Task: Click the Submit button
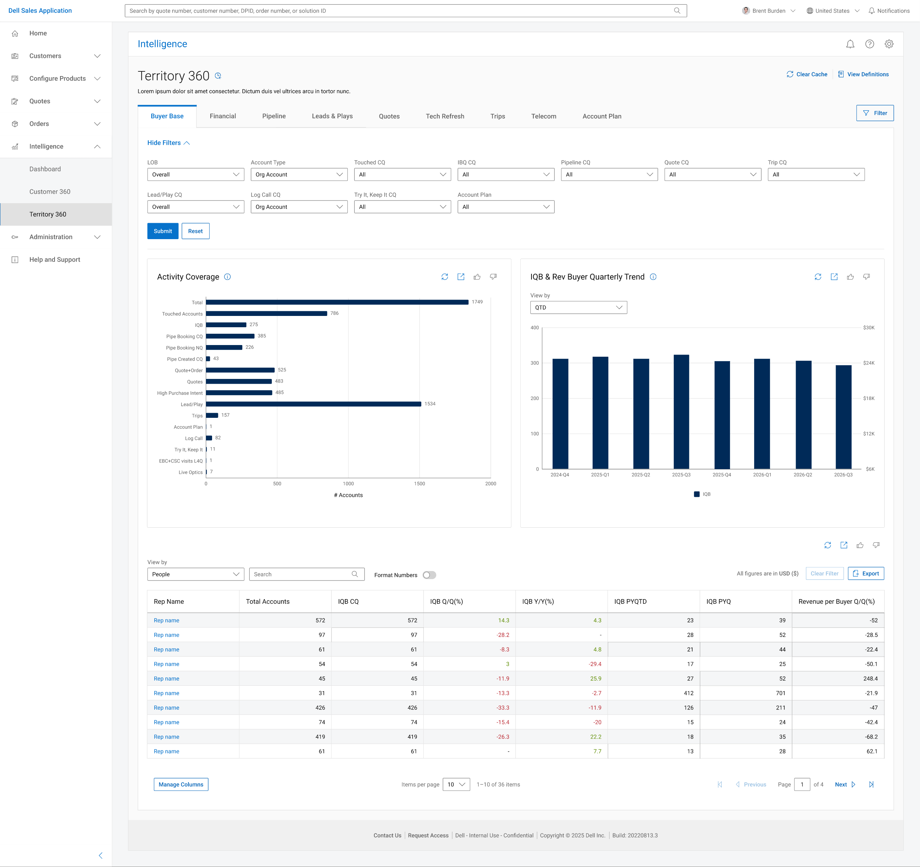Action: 163,231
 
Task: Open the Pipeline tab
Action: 274,116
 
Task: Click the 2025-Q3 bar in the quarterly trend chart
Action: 681,412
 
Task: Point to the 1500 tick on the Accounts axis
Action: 419,483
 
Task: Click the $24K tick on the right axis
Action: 869,363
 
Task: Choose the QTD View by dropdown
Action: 578,308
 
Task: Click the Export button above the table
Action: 866,573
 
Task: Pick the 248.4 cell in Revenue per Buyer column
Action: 870,678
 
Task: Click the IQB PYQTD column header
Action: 630,602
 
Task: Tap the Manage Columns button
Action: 181,785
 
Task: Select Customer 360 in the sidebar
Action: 50,192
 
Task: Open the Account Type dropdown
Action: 299,175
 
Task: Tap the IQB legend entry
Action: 702,494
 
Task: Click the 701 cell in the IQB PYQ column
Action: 781,693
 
